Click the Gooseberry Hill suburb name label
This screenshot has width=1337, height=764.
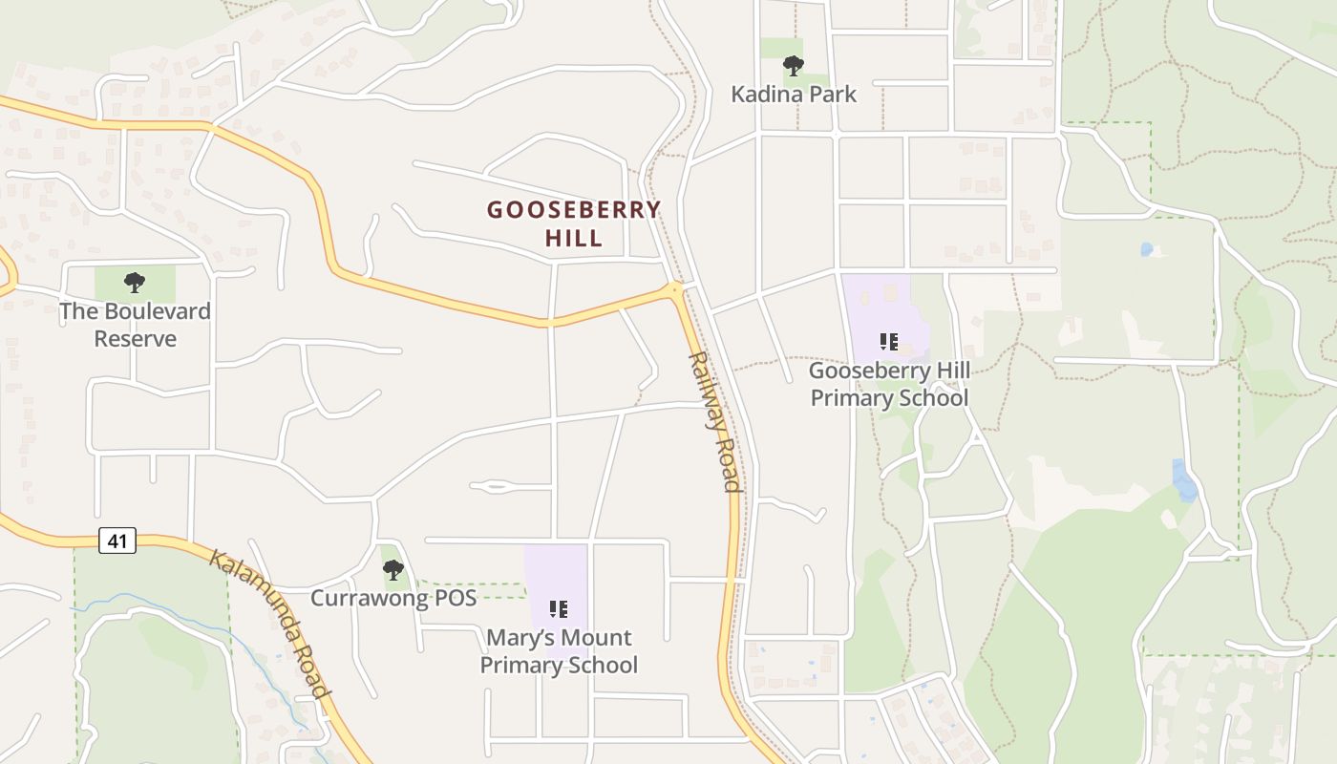574,223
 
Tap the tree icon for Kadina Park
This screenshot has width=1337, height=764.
793,66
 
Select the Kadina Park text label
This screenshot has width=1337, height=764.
794,94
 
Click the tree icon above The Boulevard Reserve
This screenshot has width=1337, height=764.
135,283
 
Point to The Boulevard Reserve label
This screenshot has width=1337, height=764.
135,325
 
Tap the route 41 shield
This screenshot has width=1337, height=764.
117,541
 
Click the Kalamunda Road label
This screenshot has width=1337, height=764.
270,625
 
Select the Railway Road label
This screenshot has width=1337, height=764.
715,421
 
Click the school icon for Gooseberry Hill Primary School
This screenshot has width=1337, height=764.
889,341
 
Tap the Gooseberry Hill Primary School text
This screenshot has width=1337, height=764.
889,384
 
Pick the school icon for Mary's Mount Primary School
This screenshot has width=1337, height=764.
559,608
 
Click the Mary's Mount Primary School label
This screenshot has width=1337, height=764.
559,651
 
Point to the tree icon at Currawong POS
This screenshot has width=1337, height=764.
393,571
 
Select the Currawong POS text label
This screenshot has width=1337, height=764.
393,599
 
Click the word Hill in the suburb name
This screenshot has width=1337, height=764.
574,238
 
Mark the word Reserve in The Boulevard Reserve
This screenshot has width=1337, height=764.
135,339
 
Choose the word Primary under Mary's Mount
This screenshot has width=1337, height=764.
520,665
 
